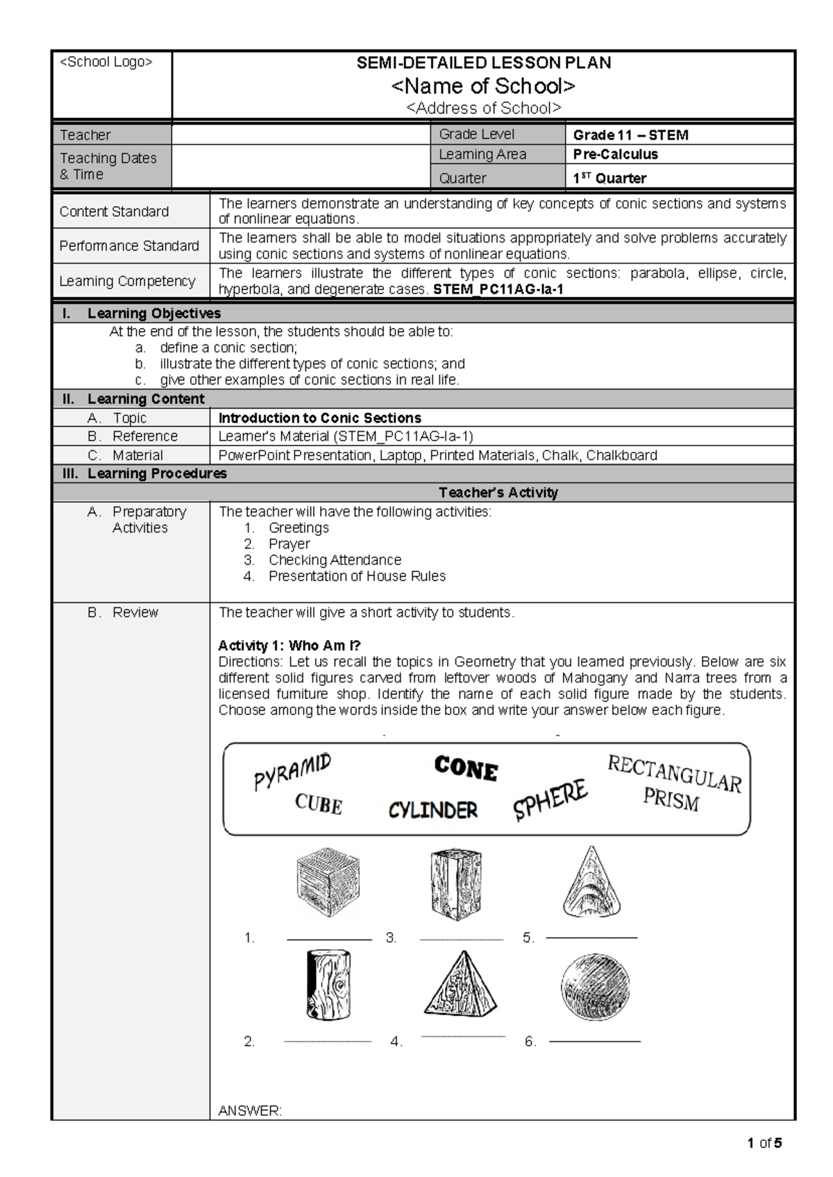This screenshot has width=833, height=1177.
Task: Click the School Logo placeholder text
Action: (x=106, y=62)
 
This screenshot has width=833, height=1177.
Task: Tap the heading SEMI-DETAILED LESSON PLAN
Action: (x=483, y=63)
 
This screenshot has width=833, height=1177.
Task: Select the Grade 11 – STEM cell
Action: (x=630, y=135)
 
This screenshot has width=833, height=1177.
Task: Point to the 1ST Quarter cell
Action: (x=609, y=178)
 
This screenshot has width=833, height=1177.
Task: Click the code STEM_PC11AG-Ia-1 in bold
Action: (x=498, y=289)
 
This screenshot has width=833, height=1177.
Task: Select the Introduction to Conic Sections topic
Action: (x=319, y=418)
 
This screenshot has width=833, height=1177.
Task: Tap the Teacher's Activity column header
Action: (x=498, y=493)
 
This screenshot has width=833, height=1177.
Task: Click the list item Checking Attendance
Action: (x=335, y=560)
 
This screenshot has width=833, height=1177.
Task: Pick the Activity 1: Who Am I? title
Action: (x=289, y=645)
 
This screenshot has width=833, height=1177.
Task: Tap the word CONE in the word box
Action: (x=466, y=769)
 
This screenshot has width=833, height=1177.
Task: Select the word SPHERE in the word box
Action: (x=550, y=800)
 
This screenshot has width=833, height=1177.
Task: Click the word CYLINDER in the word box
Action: (x=432, y=810)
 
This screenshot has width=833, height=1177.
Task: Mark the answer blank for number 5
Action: (x=591, y=938)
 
